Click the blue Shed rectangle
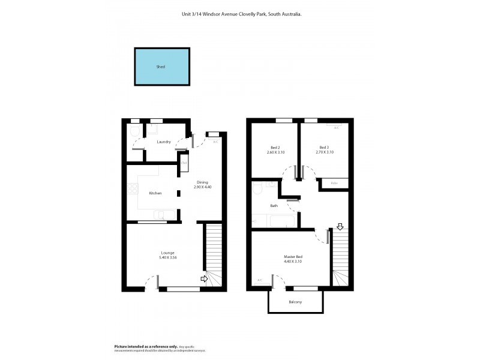[x=160, y=67]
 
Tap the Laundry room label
[x=164, y=142]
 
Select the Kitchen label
[x=155, y=193]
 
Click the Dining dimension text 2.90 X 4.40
[x=203, y=187]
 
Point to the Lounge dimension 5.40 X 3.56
[x=167, y=257]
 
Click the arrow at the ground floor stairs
[x=203, y=279]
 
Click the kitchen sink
[x=163, y=215]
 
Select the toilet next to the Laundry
[x=135, y=131]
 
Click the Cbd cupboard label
[x=184, y=163]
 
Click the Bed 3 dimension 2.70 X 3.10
[x=324, y=152]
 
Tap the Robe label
[x=334, y=182]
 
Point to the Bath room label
[x=274, y=206]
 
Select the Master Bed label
[x=293, y=257]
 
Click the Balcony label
[x=295, y=302]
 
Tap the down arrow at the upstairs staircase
[x=340, y=226]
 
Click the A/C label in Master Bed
[x=260, y=280]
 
